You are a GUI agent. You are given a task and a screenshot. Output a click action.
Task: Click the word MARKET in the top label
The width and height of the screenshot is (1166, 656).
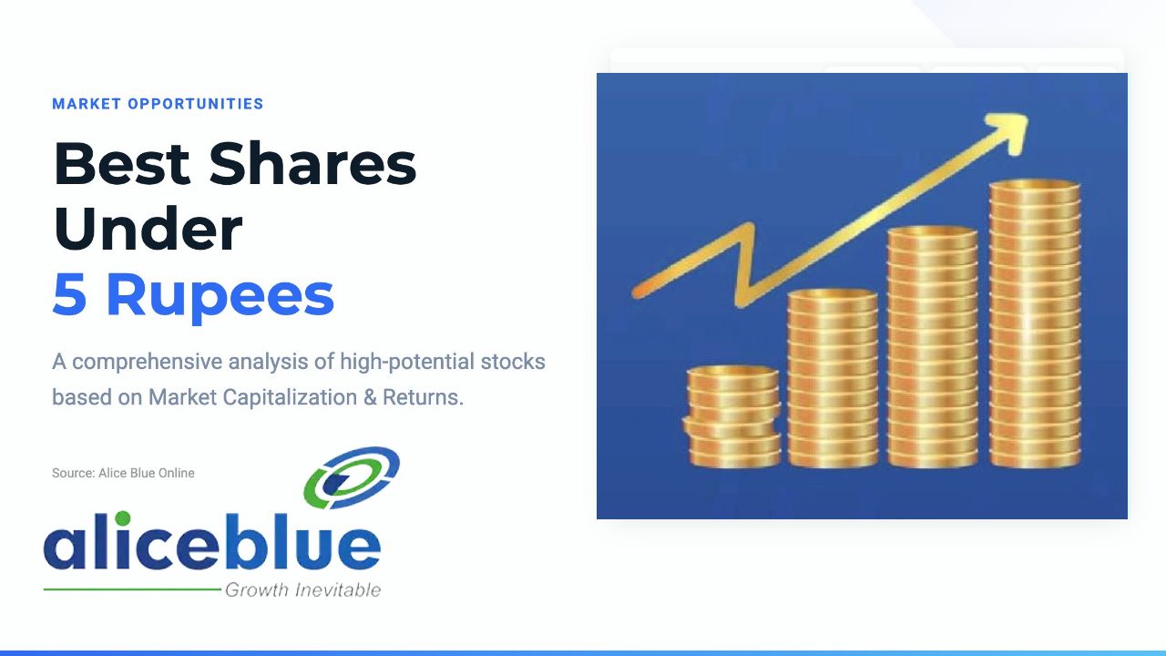tap(87, 104)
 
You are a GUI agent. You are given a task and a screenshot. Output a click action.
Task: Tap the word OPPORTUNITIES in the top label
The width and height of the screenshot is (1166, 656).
tap(196, 104)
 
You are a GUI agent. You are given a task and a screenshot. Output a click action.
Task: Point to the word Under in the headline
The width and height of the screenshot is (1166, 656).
tap(148, 229)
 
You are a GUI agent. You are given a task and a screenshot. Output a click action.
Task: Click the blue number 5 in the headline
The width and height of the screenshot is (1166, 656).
tap(69, 294)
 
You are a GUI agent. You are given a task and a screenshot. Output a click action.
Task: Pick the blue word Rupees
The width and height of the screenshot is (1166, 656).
tap(220, 298)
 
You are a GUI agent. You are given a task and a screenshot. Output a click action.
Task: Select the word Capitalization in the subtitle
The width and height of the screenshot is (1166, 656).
tap(290, 398)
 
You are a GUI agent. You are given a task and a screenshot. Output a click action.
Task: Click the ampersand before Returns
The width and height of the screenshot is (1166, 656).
tap(370, 398)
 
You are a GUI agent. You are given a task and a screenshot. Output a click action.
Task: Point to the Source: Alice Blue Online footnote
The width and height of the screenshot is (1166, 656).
tap(123, 473)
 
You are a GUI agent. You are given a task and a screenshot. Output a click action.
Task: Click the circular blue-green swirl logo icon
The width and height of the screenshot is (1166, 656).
tap(352, 478)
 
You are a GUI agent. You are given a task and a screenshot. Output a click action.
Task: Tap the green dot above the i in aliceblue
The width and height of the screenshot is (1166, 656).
tap(122, 518)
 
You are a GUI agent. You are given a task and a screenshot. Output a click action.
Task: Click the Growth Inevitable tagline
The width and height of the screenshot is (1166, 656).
tap(303, 590)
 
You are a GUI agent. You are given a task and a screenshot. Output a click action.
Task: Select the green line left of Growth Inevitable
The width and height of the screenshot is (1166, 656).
tap(132, 589)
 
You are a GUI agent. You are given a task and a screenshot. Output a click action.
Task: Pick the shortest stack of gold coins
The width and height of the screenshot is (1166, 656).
tap(733, 416)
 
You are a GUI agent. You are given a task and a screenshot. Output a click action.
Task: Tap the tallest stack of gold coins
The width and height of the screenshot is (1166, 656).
tap(1035, 323)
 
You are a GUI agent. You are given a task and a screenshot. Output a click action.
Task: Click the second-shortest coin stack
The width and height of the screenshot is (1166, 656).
tap(833, 378)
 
